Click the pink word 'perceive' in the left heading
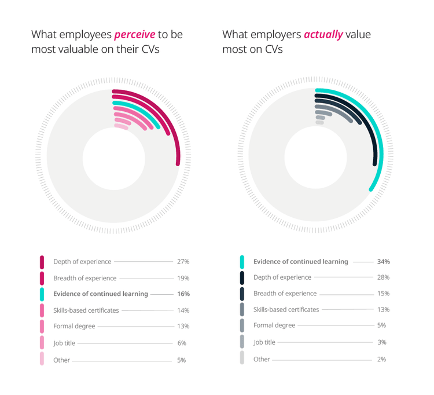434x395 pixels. coord(135,35)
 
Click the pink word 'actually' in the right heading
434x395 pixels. coord(322,35)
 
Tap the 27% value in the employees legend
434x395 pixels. coord(183,262)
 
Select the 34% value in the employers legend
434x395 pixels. coord(383,262)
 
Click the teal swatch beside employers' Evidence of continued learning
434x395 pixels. coord(242,262)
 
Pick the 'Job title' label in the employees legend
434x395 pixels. coord(64,343)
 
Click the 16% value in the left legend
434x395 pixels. coord(183,294)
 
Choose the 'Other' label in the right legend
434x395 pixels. coord(262,359)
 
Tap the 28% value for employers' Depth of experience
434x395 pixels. coord(383,277)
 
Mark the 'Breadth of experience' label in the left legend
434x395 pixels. coord(84,278)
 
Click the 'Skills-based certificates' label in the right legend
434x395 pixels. coord(286,309)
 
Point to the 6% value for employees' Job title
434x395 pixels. coord(182,343)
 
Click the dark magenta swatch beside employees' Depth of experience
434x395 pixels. coord(42,262)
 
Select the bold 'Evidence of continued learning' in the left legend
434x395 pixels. coord(101,294)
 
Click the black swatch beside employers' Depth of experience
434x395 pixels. coord(242,277)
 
